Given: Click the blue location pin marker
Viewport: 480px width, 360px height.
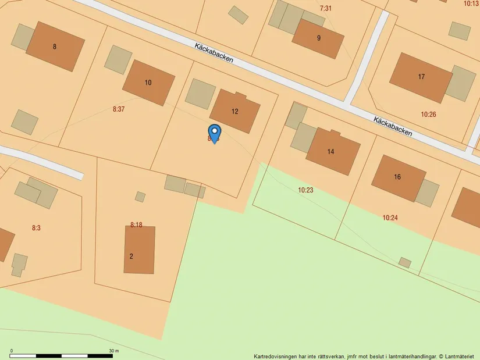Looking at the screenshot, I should [214, 133].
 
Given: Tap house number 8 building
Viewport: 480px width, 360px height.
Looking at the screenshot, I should [55, 47].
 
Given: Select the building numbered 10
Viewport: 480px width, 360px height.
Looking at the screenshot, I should [148, 83].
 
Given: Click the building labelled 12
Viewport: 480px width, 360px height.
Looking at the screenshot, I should [235, 111].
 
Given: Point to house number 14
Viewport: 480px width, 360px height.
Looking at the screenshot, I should [330, 152].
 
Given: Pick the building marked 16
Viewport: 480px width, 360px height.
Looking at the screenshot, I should [398, 177].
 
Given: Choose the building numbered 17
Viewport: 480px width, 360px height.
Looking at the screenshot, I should [421, 77].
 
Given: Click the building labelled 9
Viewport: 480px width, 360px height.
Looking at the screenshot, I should [318, 38].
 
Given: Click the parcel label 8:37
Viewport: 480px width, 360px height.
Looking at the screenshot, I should [119, 109].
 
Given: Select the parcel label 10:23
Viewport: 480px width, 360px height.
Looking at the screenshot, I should [305, 190].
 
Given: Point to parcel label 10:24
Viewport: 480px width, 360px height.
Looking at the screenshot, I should [390, 218].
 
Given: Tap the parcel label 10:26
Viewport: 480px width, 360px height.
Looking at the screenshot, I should [428, 115].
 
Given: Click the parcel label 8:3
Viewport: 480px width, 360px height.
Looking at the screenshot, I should [36, 228].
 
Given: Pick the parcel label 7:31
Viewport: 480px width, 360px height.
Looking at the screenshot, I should [326, 8].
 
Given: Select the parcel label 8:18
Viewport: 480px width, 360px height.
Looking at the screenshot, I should [136, 224].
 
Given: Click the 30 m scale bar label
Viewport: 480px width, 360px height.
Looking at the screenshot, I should [113, 351].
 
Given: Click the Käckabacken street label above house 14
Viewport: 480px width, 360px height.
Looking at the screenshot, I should [393, 126].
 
